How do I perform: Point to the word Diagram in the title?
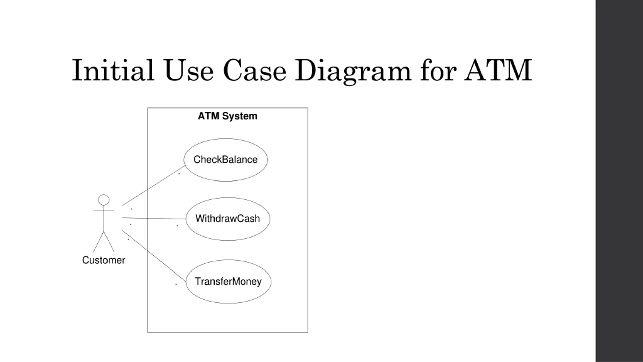(x=353, y=71)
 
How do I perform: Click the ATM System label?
(x=228, y=116)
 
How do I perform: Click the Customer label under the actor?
(x=103, y=260)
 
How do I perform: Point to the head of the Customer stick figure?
(x=104, y=200)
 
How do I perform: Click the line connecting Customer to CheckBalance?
(x=153, y=186)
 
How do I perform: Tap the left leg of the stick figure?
(x=98, y=242)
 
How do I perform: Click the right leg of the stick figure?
(x=109, y=242)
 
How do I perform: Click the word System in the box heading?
(x=240, y=116)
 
